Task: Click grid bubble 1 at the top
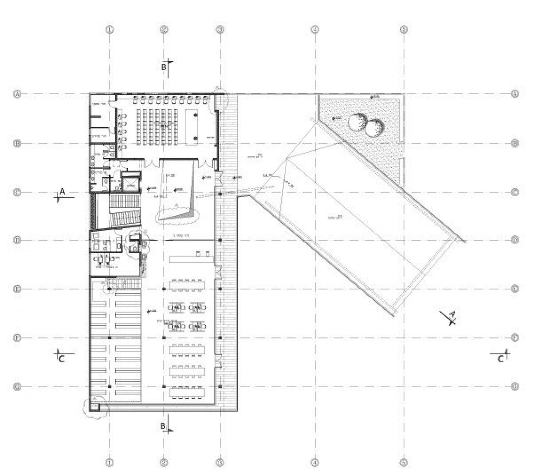click(110, 29)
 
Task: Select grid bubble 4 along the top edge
click(315, 29)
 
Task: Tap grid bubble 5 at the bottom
click(404, 463)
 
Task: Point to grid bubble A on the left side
click(17, 94)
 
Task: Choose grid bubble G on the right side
click(515, 386)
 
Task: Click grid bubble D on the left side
click(17, 240)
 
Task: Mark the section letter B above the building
click(164, 68)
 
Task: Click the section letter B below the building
click(163, 426)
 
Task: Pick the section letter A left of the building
click(62, 192)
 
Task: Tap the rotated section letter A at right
click(452, 314)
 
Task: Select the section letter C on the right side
click(501, 359)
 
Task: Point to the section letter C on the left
click(62, 359)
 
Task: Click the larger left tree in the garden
click(357, 122)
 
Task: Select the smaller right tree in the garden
click(374, 128)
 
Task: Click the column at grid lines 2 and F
click(164, 338)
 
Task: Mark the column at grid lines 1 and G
click(110, 386)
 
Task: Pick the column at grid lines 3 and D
click(220, 240)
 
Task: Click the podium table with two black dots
click(192, 127)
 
